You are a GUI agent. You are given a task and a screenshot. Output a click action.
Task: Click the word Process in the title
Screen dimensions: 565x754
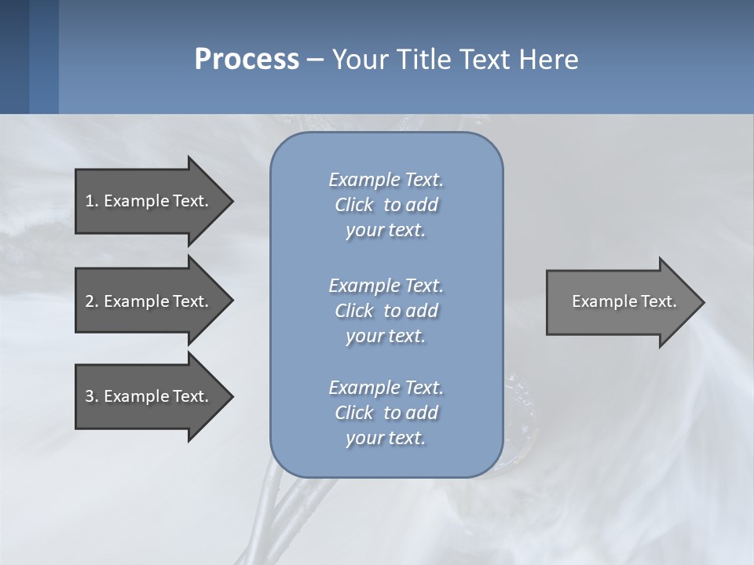(x=247, y=60)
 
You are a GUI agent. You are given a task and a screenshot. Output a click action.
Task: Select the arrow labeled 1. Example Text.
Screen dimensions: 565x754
(x=149, y=201)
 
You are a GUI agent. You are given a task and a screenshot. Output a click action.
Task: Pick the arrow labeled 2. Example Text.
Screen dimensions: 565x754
(x=149, y=301)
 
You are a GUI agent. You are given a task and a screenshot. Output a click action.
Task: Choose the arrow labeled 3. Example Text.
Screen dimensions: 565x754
(x=149, y=396)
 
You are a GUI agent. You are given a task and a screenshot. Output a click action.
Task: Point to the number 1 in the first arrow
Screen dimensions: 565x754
(x=90, y=201)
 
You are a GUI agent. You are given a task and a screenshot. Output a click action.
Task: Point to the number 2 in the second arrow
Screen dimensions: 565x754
(x=90, y=301)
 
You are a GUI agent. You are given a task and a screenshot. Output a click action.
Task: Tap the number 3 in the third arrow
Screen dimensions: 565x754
(x=90, y=396)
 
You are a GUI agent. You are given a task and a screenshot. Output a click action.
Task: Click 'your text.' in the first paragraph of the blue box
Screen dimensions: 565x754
(x=386, y=231)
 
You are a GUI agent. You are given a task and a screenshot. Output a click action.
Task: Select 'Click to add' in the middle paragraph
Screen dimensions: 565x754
(x=386, y=311)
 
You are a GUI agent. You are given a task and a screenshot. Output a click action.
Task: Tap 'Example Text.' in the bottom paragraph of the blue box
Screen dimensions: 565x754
(x=386, y=388)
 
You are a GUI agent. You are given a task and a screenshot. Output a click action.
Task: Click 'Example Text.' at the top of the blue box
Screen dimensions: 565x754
(x=386, y=180)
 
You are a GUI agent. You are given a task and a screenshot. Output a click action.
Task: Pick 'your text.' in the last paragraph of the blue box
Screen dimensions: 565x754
(x=386, y=438)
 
